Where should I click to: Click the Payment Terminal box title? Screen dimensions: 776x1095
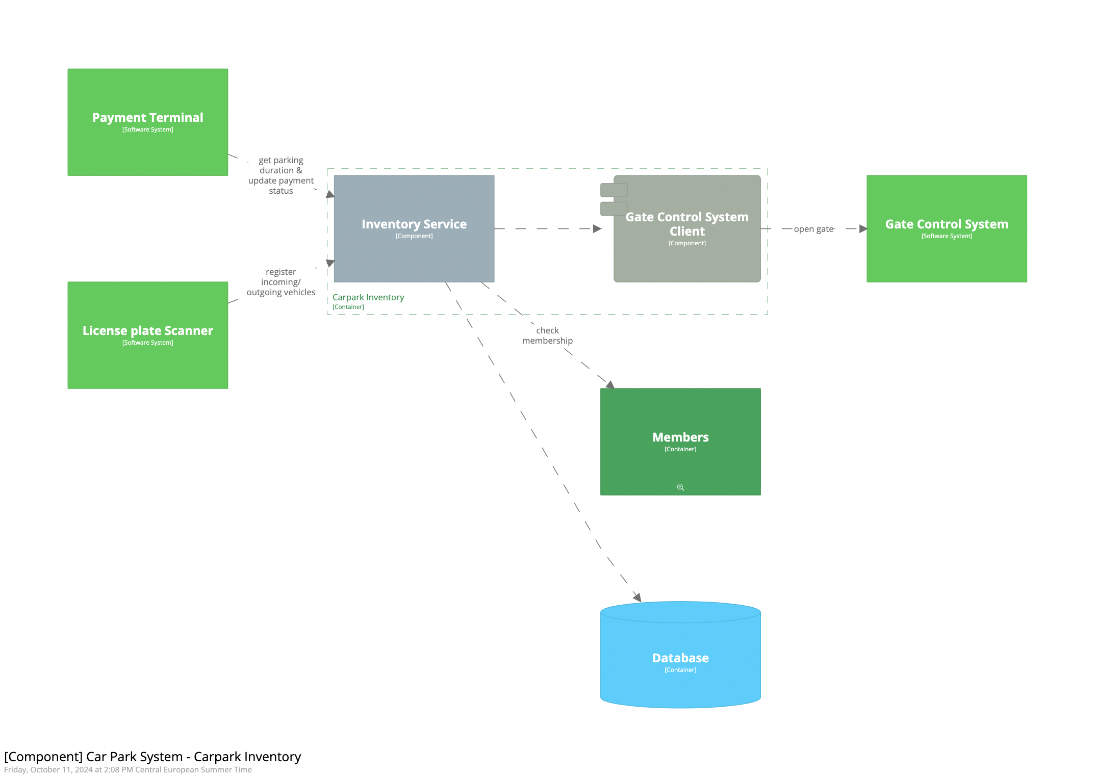pyautogui.click(x=147, y=118)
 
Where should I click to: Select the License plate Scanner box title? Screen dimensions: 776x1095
pyautogui.click(x=147, y=331)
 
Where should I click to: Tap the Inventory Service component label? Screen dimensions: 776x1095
pyautogui.click(x=414, y=224)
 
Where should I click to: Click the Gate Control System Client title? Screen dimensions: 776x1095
pyautogui.click(x=686, y=224)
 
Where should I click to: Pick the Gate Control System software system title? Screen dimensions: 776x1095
pyautogui.click(x=946, y=224)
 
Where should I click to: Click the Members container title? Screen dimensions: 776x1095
pyautogui.click(x=680, y=437)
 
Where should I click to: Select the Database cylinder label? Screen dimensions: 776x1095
pyautogui.click(x=680, y=658)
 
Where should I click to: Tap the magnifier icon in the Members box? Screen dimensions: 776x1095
pyautogui.click(x=680, y=487)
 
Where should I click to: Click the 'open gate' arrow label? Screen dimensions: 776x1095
pyautogui.click(x=813, y=229)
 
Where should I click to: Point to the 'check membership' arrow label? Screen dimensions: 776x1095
pyautogui.click(x=547, y=335)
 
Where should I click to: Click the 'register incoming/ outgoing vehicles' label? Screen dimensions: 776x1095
pyautogui.click(x=281, y=282)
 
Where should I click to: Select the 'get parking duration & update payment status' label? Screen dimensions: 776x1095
pyautogui.click(x=281, y=175)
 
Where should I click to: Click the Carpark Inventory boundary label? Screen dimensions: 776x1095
pyautogui.click(x=368, y=297)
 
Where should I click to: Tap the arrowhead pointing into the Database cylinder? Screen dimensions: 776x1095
pyautogui.click(x=638, y=598)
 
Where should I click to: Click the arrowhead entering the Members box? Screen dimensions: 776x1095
pyautogui.click(x=610, y=384)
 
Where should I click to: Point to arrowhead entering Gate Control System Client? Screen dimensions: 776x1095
pyautogui.click(x=597, y=229)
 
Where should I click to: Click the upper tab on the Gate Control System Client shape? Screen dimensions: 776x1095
pyautogui.click(x=614, y=190)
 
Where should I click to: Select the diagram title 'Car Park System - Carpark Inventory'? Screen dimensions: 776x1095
pyautogui.click(x=152, y=757)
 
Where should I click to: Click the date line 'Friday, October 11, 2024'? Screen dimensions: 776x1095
pyautogui.click(x=128, y=770)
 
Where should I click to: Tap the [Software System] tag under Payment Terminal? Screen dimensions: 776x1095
pyautogui.click(x=147, y=130)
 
